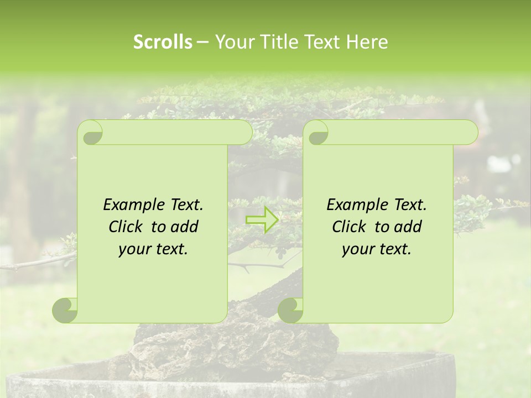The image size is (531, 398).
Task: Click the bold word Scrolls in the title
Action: pos(163,42)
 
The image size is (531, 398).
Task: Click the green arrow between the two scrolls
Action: pos(261,219)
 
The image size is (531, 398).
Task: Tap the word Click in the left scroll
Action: pos(127,227)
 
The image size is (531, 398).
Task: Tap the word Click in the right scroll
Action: pos(350,227)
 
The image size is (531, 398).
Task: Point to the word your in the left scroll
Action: pos(133,250)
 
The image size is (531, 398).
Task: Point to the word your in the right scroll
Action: pos(356,250)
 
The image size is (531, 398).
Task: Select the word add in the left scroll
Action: pos(185,227)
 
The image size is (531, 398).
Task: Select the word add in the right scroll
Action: pos(409,227)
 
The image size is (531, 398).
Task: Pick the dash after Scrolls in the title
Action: pos(202,42)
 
